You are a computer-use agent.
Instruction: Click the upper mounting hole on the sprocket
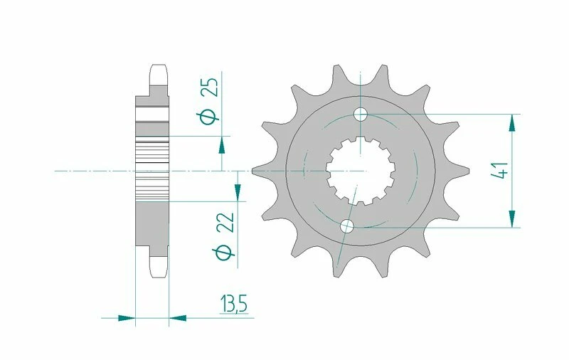(361, 114)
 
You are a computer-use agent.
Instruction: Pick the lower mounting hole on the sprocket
(347, 227)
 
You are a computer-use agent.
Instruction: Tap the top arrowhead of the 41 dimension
(511, 122)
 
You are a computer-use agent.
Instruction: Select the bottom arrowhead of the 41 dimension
(511, 219)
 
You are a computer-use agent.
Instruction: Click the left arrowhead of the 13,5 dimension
(126, 317)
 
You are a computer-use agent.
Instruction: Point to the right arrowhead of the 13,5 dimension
(177, 317)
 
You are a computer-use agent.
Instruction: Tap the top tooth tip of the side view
(159, 70)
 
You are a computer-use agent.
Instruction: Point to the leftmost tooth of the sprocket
(256, 171)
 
